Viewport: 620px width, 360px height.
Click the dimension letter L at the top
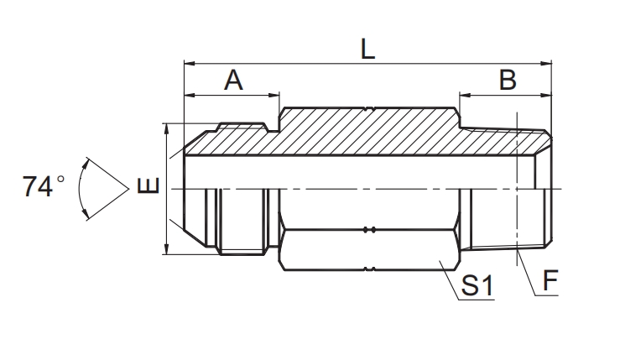coord(367,48)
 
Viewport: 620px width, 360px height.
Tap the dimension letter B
coord(507,81)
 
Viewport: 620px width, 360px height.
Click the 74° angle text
coord(44,186)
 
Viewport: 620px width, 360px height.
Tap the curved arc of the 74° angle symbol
coord(83,189)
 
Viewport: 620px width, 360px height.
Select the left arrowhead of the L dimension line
coord(188,63)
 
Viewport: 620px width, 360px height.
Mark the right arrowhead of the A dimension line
coord(275,93)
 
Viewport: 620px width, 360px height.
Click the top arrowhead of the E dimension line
coord(168,128)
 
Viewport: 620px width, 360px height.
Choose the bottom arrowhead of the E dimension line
coord(168,250)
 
